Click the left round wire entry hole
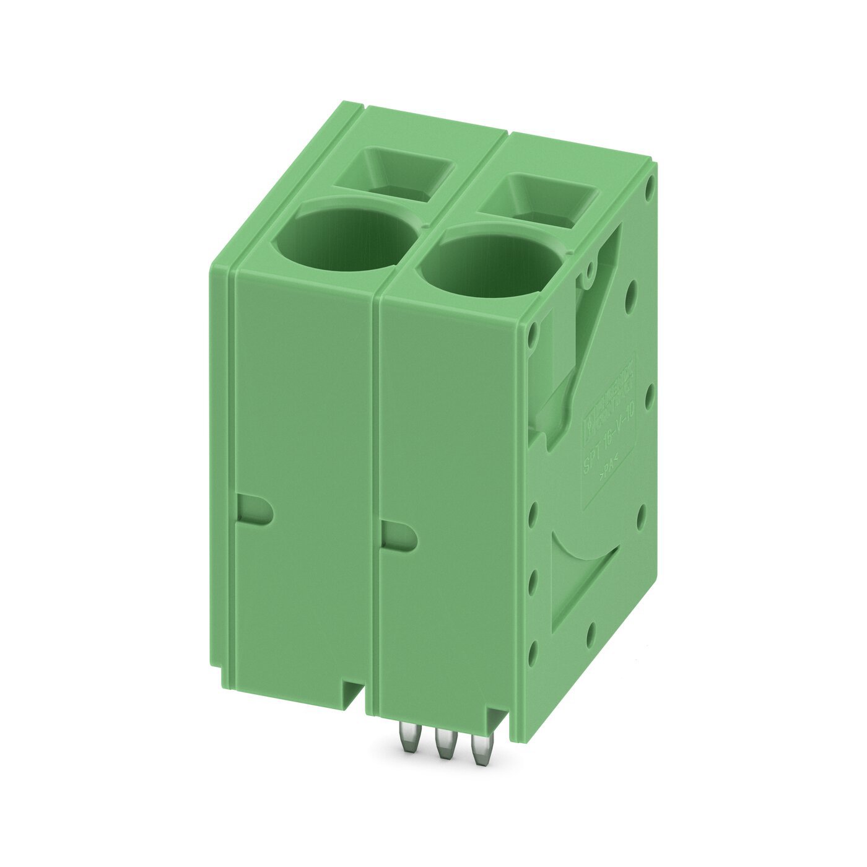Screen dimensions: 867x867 pyautogui.click(x=347, y=245)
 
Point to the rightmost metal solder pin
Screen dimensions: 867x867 pyautogui.click(x=477, y=751)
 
